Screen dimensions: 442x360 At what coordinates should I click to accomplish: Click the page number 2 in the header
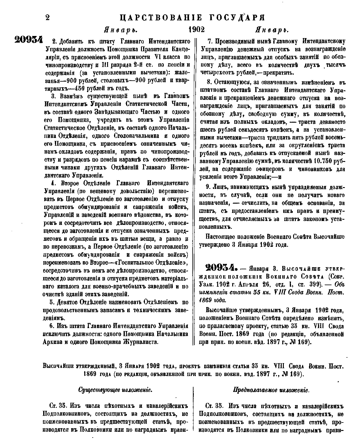pos(47,17)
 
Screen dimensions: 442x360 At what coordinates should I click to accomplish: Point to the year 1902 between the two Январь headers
pos(196,30)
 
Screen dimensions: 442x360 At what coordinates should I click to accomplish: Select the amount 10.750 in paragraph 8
pos(313,161)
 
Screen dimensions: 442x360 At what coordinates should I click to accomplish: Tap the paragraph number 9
pos(207,187)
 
